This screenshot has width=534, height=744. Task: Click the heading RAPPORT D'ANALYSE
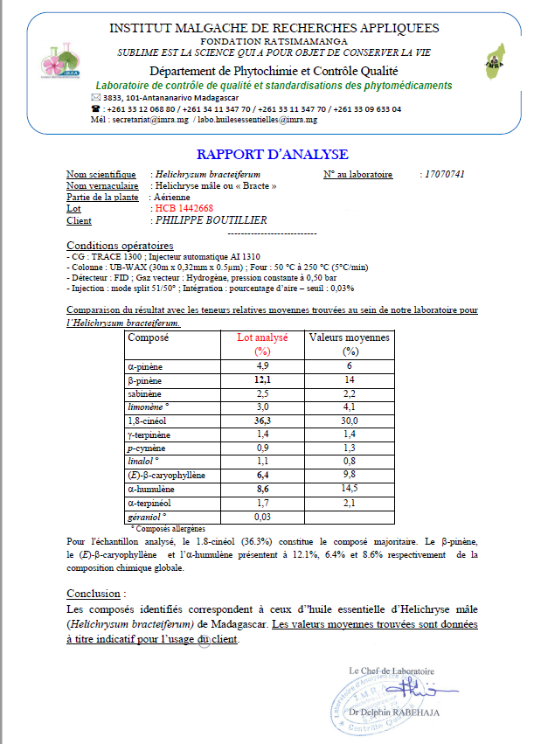pos(273,155)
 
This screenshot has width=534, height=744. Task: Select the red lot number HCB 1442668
pos(184,208)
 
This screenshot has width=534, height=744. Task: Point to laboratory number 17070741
pos(442,175)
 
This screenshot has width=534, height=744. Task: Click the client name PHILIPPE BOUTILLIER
pos(211,220)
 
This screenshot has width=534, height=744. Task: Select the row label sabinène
pos(146,395)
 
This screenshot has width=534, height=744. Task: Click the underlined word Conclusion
pos(94,594)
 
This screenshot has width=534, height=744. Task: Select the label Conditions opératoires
pos(120,245)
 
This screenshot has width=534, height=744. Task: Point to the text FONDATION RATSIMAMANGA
pos(274,41)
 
